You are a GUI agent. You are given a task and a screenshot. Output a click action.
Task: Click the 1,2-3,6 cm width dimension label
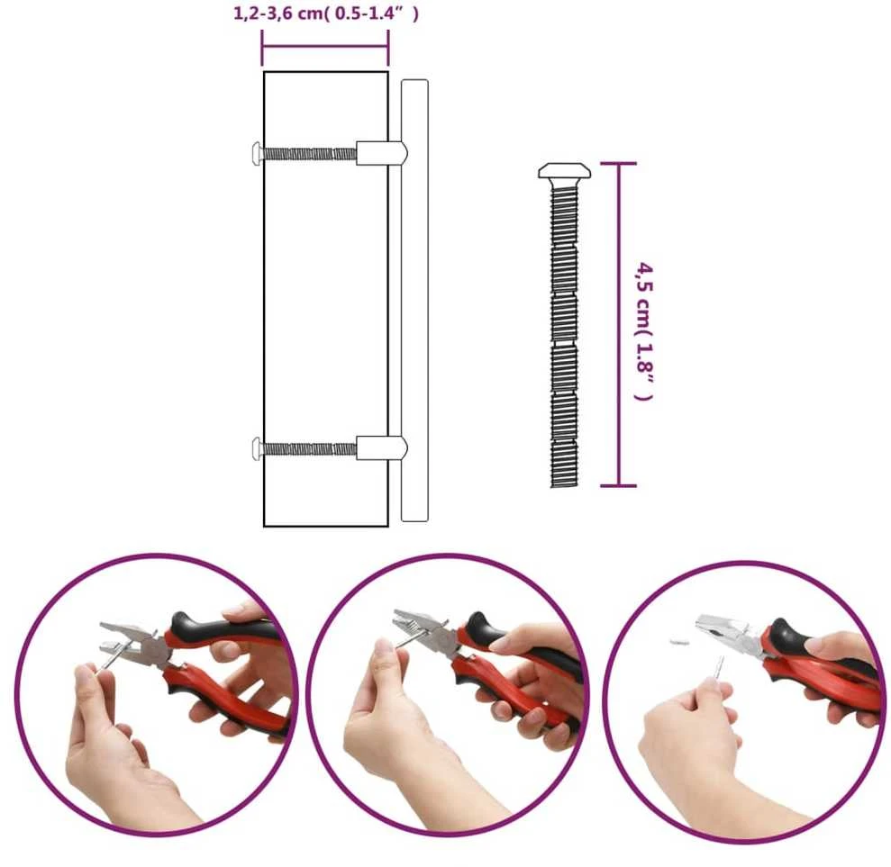(x=326, y=14)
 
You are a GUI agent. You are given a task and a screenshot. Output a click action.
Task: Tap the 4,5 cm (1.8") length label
(x=644, y=331)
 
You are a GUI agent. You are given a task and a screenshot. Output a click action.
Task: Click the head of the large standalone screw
(x=564, y=171)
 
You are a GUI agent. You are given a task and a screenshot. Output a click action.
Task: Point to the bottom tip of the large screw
(x=564, y=486)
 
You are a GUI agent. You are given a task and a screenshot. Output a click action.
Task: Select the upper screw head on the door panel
(x=257, y=153)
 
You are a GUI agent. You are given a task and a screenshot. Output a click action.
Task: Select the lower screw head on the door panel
(x=257, y=449)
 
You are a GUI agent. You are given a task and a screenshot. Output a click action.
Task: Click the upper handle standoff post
(x=382, y=153)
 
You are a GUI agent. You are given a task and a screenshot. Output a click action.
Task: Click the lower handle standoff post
(x=382, y=448)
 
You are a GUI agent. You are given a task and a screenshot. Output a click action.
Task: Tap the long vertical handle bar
(x=414, y=301)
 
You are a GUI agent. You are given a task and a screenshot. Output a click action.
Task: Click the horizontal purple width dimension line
(x=325, y=47)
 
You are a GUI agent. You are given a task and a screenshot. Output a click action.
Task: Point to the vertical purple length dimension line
(x=619, y=324)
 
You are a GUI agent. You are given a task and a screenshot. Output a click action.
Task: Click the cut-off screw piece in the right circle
(x=678, y=642)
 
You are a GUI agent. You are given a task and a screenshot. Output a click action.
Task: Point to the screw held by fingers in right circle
(x=719, y=668)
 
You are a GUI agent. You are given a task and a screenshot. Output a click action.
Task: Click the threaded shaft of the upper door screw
(x=309, y=153)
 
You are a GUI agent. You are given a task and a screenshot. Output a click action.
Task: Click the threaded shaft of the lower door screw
(x=309, y=449)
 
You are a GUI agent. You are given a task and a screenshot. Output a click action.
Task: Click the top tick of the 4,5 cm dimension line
(x=619, y=164)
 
